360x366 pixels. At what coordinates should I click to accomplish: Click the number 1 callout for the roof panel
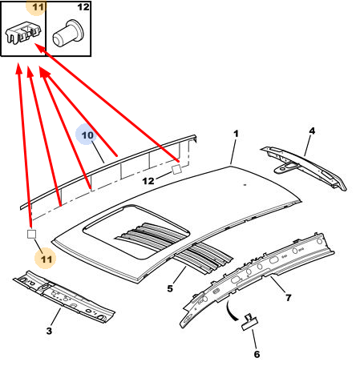pos(236,134)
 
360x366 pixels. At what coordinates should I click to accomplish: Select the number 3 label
pos(49,331)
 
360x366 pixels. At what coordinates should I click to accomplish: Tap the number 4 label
pos(312,131)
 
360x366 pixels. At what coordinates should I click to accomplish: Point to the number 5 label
pos(170,288)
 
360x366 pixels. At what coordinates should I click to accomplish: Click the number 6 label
pos(257,354)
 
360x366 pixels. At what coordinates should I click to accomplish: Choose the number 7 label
pos(288,297)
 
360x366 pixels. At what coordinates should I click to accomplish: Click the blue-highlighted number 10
pos(87,135)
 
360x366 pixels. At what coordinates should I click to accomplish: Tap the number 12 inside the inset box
pos(83,7)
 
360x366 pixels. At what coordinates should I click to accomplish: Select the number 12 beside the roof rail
pos(148,181)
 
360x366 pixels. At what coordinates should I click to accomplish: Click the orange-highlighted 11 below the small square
pos(46,259)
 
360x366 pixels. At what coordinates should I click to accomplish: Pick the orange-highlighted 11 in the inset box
pos(38,7)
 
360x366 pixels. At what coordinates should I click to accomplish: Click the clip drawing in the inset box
pos(23,32)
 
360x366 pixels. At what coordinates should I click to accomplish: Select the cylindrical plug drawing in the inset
pos(68,34)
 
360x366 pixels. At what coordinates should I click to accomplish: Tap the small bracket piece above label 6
pos(250,322)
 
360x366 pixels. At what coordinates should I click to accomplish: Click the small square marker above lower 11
pos(32,234)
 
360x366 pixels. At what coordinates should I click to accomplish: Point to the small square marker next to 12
pos(176,169)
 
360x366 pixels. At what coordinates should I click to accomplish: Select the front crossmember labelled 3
pos(64,296)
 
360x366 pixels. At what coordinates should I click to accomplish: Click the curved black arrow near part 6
pos(231,311)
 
